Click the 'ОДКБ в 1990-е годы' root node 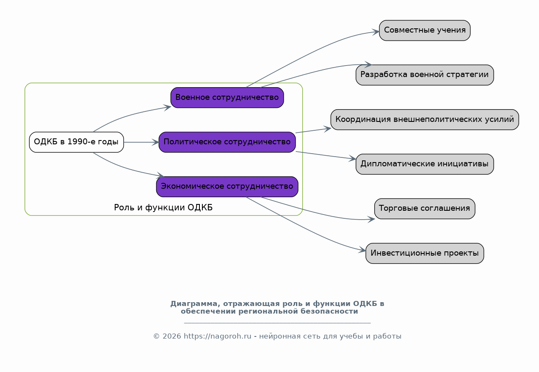(76, 142)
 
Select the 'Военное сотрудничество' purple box (227, 98)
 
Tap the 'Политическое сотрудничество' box (227, 142)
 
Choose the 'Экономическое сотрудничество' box (227, 187)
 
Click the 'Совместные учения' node (425, 30)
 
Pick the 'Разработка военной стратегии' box (425, 75)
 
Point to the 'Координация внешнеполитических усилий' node (425, 120)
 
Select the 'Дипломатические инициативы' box (425, 164)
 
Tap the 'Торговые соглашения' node (425, 209)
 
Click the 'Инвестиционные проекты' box (425, 254)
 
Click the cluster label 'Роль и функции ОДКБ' (163, 207)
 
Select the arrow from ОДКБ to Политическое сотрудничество (141, 142)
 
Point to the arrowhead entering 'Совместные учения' (376, 32)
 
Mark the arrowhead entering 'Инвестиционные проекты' (362, 250)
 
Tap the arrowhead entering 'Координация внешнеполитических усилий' (327, 129)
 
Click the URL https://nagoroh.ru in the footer (218, 336)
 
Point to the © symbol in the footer (156, 336)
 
